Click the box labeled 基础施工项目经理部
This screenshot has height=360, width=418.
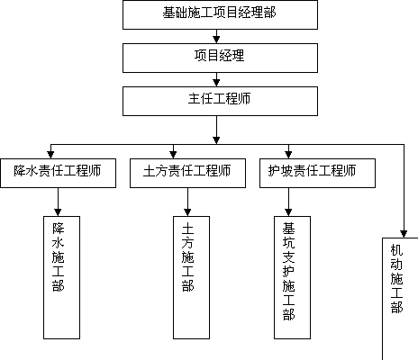pyautogui.click(x=220, y=14)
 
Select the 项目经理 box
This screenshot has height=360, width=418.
pyautogui.click(x=220, y=58)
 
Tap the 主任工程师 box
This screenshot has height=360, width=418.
pyautogui.click(x=220, y=101)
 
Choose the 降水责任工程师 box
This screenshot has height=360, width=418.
pyautogui.click(x=58, y=173)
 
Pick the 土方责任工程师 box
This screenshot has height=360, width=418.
pyautogui.click(x=187, y=173)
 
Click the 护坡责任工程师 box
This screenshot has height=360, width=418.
pyautogui.click(x=317, y=173)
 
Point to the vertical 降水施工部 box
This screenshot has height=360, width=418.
pyautogui.click(x=61, y=277)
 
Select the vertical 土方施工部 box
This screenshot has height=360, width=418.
pyautogui.click(x=191, y=277)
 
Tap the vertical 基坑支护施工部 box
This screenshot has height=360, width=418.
pyautogui.click(x=292, y=277)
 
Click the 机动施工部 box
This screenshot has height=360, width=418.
pyautogui.click(x=400, y=299)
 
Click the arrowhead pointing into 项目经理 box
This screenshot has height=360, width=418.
pyautogui.click(x=216, y=40)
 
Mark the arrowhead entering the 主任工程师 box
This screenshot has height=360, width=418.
pyautogui.click(x=216, y=83)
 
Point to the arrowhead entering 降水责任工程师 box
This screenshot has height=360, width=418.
pyautogui.click(x=50, y=155)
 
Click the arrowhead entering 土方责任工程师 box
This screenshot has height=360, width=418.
pyautogui.click(x=173, y=155)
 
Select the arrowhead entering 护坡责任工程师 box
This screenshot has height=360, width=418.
pyautogui.click(x=288, y=155)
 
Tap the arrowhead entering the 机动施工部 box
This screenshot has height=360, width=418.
pyautogui.click(x=404, y=234)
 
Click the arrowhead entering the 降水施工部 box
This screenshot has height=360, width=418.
pyautogui.click(x=58, y=212)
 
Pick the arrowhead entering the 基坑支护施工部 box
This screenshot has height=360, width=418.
pyautogui.click(x=288, y=212)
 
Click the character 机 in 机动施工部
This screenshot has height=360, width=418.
pyautogui.click(x=396, y=250)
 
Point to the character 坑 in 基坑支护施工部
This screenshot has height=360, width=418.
pyautogui.click(x=288, y=243)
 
